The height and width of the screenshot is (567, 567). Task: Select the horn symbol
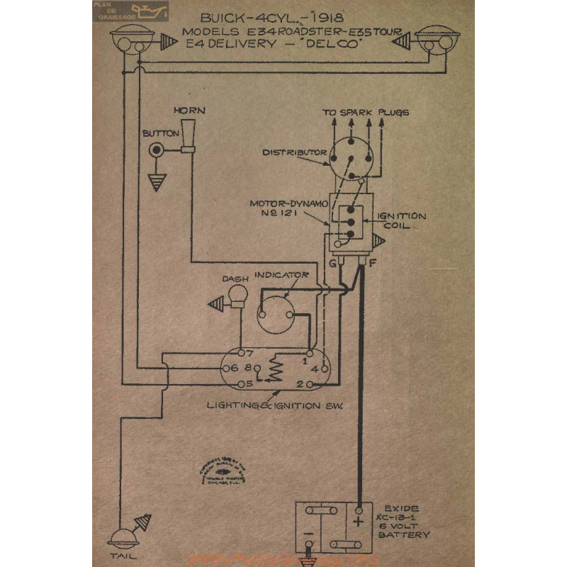tap(188, 135)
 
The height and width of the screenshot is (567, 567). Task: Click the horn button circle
tap(156, 150)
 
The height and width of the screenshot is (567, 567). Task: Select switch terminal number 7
tap(242, 352)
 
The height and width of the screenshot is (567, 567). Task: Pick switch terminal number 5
tap(242, 383)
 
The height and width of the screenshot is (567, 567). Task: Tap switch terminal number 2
tap(310, 383)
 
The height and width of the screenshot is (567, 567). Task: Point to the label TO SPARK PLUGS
tap(365, 112)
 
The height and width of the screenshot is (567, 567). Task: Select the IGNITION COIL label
tap(402, 220)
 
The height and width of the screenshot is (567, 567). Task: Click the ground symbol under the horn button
tap(157, 181)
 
